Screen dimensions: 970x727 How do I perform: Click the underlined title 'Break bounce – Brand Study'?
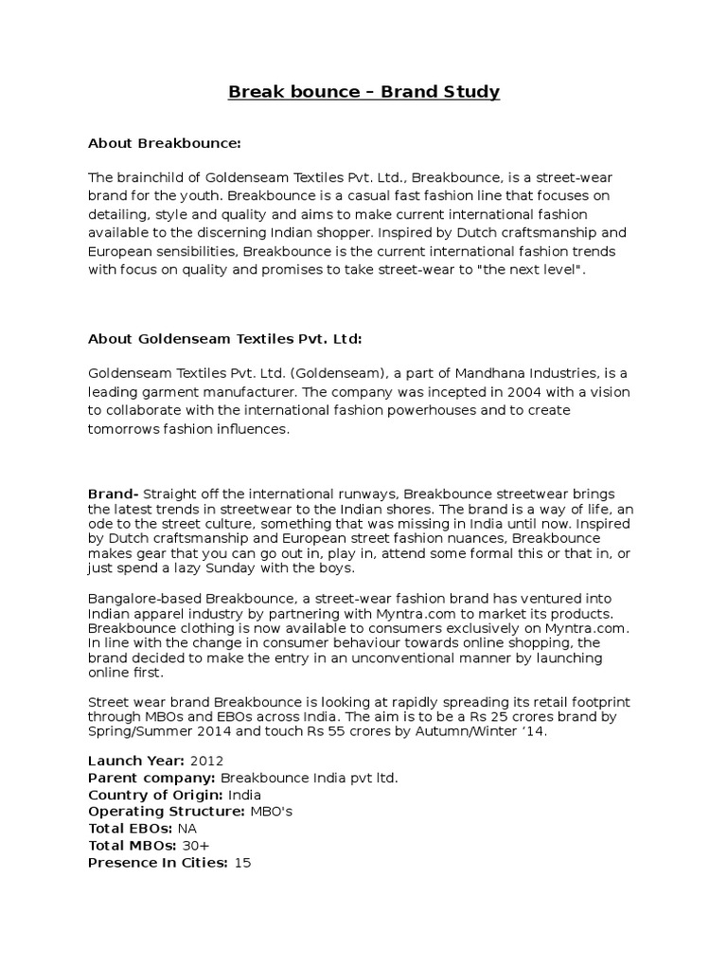[x=363, y=92]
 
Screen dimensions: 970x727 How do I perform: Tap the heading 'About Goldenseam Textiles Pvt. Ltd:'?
[x=225, y=338]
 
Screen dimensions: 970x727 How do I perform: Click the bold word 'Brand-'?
[x=114, y=494]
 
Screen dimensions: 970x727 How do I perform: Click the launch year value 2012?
[x=207, y=761]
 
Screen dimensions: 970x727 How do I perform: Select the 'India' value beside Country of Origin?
[x=244, y=795]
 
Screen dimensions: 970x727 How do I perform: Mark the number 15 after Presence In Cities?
[x=242, y=863]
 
